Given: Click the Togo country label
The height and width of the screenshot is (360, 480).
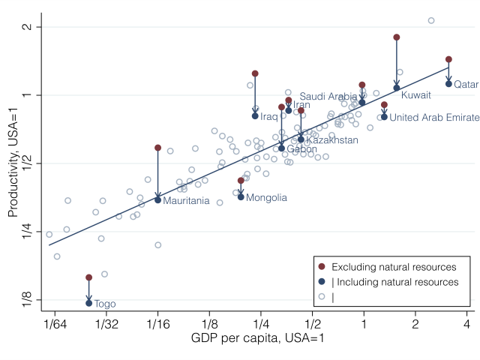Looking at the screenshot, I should [x=105, y=304].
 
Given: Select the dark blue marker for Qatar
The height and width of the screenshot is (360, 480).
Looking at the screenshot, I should [x=448, y=83].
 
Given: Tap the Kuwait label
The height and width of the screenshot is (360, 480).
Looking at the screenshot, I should [x=415, y=95].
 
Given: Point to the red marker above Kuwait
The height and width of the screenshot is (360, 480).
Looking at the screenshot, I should [x=397, y=37].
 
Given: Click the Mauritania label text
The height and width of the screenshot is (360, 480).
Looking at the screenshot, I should [x=186, y=200].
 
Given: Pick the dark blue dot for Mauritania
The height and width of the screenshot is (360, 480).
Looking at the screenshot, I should [x=157, y=199].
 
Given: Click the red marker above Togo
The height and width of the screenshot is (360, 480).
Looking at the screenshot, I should [x=88, y=277].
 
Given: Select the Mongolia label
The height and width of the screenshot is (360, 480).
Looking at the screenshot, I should [x=266, y=198].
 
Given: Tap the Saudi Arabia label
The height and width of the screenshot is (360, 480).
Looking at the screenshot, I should [x=328, y=97].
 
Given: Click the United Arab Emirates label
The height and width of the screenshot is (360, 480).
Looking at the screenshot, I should [x=434, y=117].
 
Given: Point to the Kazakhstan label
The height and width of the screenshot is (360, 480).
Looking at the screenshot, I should [x=331, y=140].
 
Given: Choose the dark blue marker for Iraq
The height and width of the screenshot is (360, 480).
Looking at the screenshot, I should [x=255, y=115].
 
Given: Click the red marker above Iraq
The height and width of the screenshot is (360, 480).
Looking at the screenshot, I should [x=255, y=73].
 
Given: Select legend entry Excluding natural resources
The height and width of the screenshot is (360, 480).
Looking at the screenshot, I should [x=394, y=267].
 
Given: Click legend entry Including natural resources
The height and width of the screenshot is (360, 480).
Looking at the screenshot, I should [x=394, y=282].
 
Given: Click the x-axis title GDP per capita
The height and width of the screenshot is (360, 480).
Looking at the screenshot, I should [x=258, y=339].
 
